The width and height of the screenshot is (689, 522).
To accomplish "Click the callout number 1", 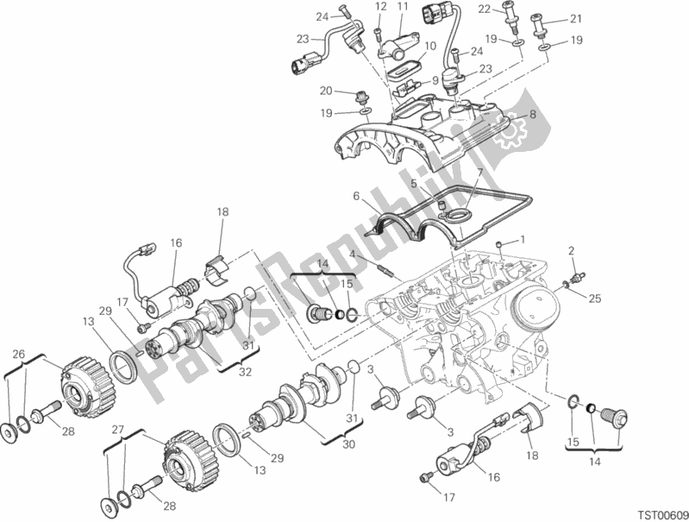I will coord(521,239).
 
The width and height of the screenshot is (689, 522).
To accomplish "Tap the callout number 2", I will coord(569,250).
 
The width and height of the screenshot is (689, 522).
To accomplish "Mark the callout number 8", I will coord(532,114).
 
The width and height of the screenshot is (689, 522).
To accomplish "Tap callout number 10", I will coord(429,46).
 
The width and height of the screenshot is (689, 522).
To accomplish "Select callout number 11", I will coord(402,7).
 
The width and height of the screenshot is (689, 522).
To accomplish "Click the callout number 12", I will coord(379,7).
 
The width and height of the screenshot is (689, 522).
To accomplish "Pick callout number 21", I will coord(575,18).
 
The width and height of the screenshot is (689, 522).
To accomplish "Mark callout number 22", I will coord(509,9).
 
